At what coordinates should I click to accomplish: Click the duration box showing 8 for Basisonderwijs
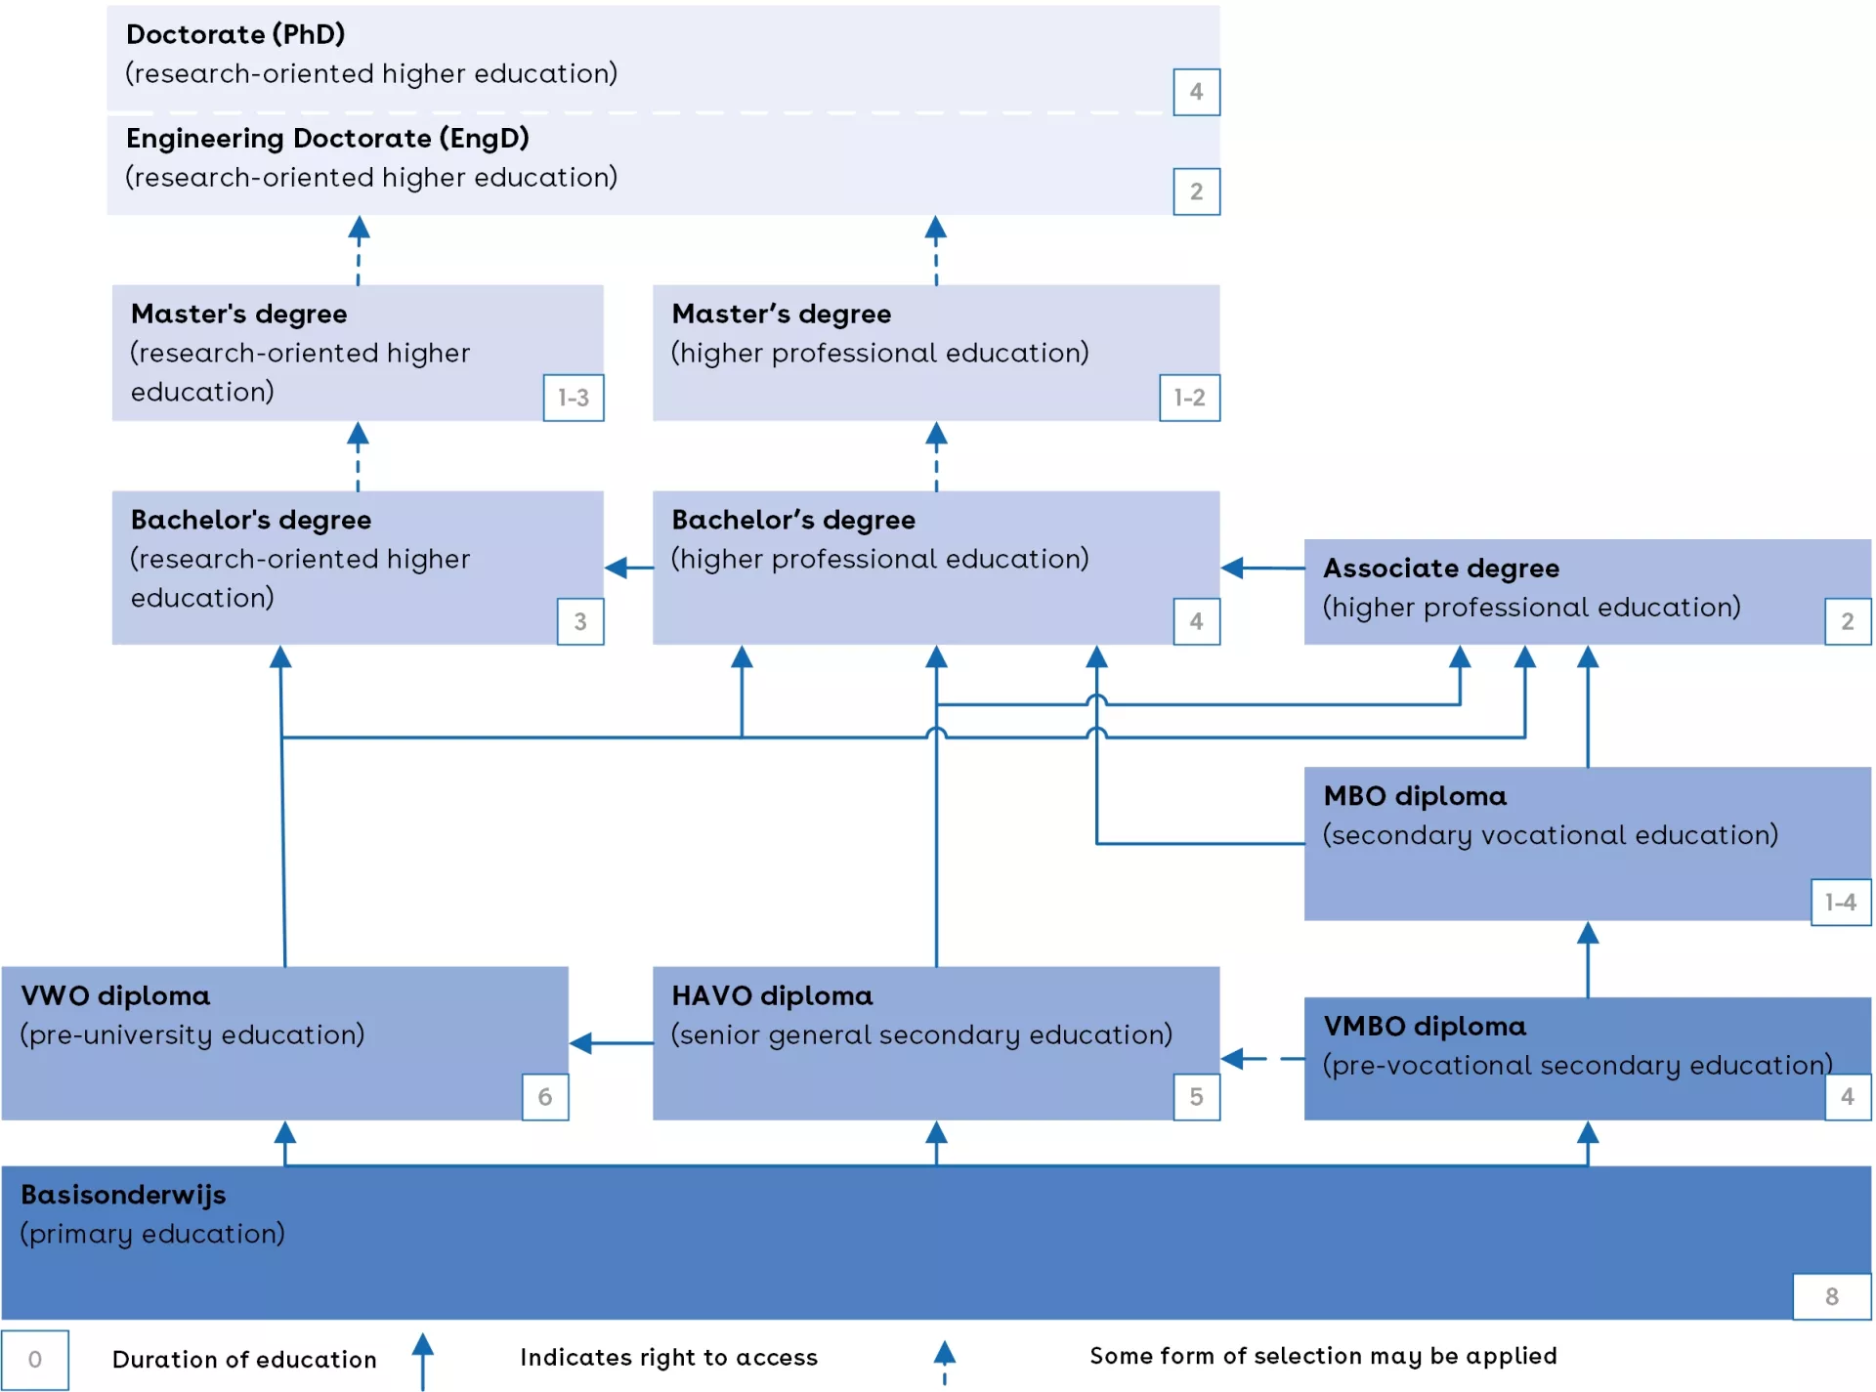tap(1831, 1296)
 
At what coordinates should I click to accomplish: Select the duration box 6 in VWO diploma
tap(545, 1096)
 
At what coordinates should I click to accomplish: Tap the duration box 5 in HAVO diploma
tap(1196, 1096)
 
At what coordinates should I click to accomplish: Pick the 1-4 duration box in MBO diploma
tap(1840, 902)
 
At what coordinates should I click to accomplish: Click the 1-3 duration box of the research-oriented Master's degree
tap(574, 398)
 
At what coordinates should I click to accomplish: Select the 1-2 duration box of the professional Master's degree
tap(1189, 398)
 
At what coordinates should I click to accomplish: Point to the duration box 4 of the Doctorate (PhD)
tap(1196, 92)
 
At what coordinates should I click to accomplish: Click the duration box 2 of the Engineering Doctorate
tap(1196, 191)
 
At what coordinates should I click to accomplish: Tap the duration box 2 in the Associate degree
tap(1847, 621)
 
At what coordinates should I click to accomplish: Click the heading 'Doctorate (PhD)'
tap(235, 34)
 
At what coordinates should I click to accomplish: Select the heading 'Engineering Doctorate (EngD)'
tap(327, 138)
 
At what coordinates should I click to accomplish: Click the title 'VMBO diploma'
tap(1424, 1026)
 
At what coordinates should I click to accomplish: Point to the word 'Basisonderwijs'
tap(123, 1194)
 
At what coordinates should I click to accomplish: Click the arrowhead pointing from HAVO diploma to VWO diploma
tap(581, 1043)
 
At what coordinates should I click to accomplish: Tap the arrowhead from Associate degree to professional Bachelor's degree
tap(1233, 568)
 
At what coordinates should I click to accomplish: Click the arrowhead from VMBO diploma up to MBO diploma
tap(1588, 934)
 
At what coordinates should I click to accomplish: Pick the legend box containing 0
tap(35, 1359)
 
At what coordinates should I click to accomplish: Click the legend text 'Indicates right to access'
tap(668, 1357)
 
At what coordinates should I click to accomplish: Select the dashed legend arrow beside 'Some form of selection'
tap(944, 1361)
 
